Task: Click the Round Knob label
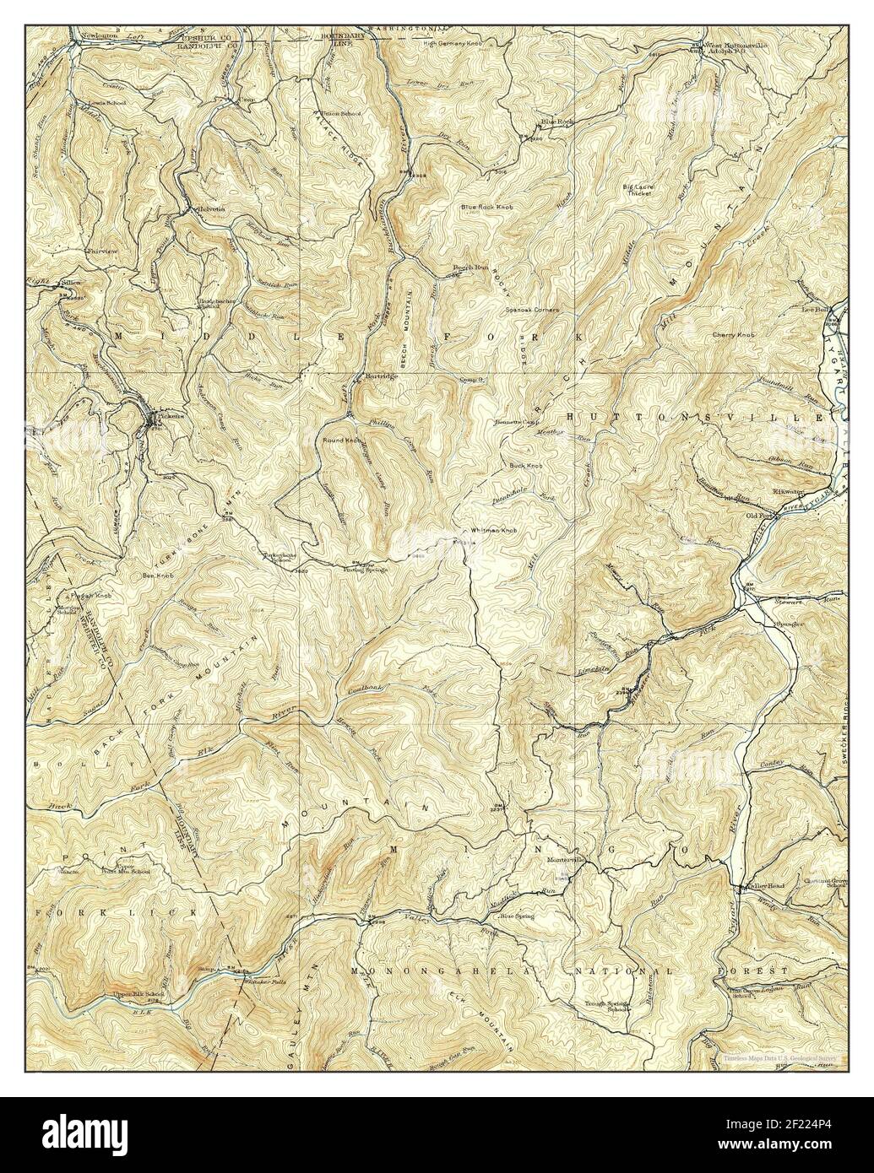tap(340, 440)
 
